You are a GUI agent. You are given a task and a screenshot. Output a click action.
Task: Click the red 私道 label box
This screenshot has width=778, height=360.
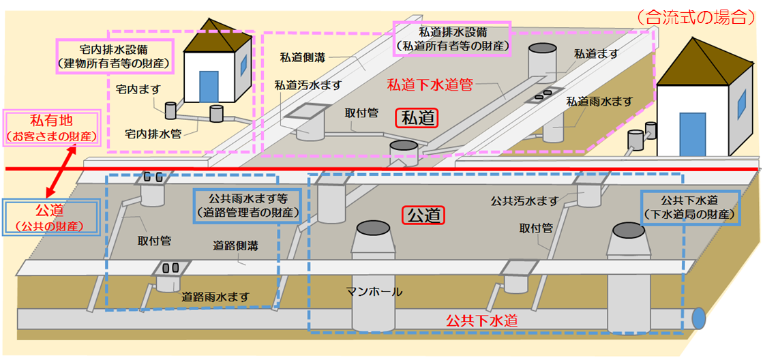click(x=417, y=117)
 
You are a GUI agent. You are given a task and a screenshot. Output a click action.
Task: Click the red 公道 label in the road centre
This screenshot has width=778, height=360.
click(x=423, y=216)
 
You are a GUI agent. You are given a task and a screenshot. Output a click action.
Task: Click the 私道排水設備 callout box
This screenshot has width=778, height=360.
click(x=454, y=39)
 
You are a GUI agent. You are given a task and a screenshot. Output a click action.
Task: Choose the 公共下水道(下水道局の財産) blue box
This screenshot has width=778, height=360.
click(x=689, y=207)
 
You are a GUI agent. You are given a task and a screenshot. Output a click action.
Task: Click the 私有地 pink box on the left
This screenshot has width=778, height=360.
click(x=53, y=127)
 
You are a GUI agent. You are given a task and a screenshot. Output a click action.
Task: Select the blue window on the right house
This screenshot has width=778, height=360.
click(x=741, y=103)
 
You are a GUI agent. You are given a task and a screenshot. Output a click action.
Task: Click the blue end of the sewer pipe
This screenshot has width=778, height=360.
click(x=698, y=318)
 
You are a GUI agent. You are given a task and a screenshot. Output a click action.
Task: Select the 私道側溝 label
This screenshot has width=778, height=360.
click(x=303, y=57)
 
